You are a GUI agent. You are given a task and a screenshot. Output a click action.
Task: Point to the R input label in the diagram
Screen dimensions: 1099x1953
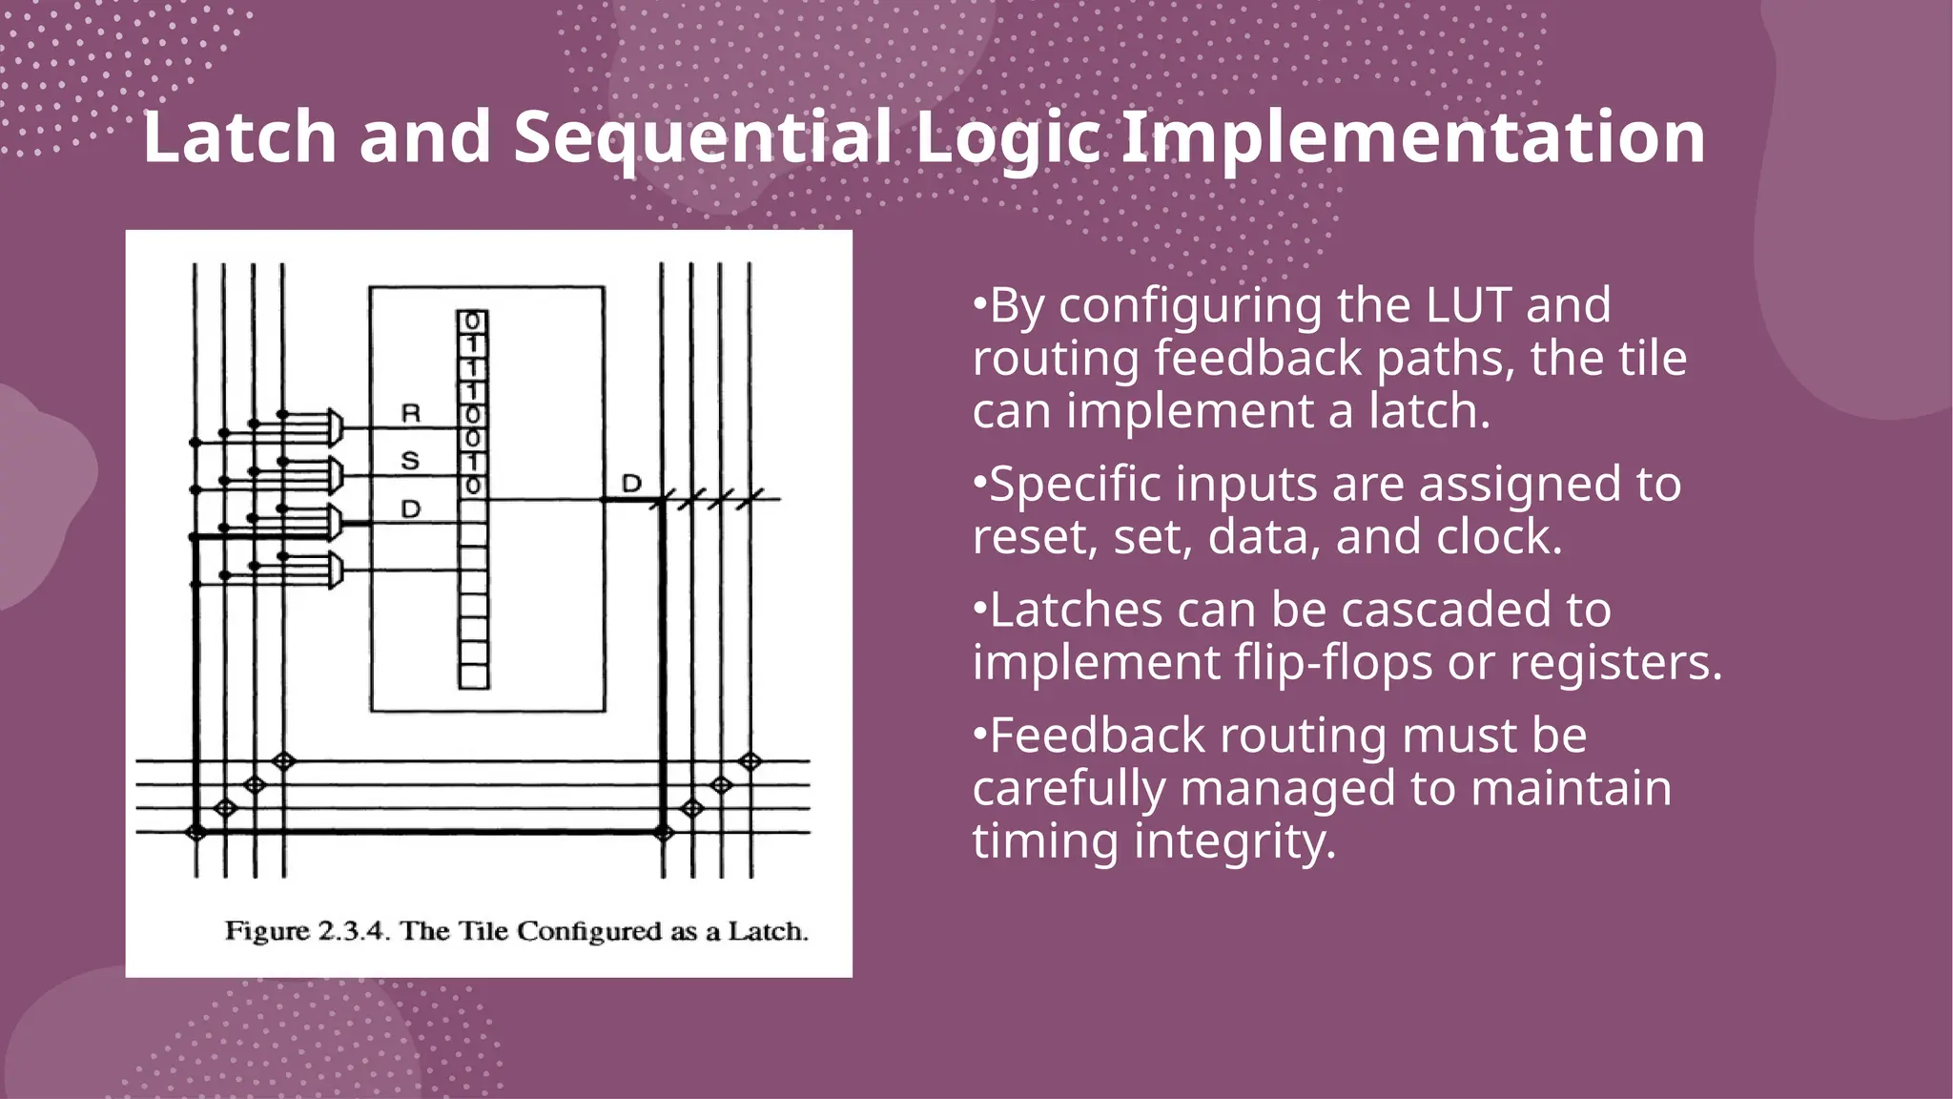point(411,414)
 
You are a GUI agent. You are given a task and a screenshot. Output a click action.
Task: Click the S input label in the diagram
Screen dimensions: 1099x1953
point(411,462)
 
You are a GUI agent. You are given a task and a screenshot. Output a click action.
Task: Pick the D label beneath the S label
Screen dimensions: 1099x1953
point(411,509)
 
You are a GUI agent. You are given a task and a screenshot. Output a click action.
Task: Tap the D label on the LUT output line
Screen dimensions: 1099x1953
point(631,484)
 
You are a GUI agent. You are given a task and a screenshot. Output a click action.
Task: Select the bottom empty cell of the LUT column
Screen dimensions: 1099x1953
point(473,676)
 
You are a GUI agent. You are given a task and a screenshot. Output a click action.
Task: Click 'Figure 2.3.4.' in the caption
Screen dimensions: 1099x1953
point(307,931)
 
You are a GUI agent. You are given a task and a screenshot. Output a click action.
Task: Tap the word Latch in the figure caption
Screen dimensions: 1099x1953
point(768,931)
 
